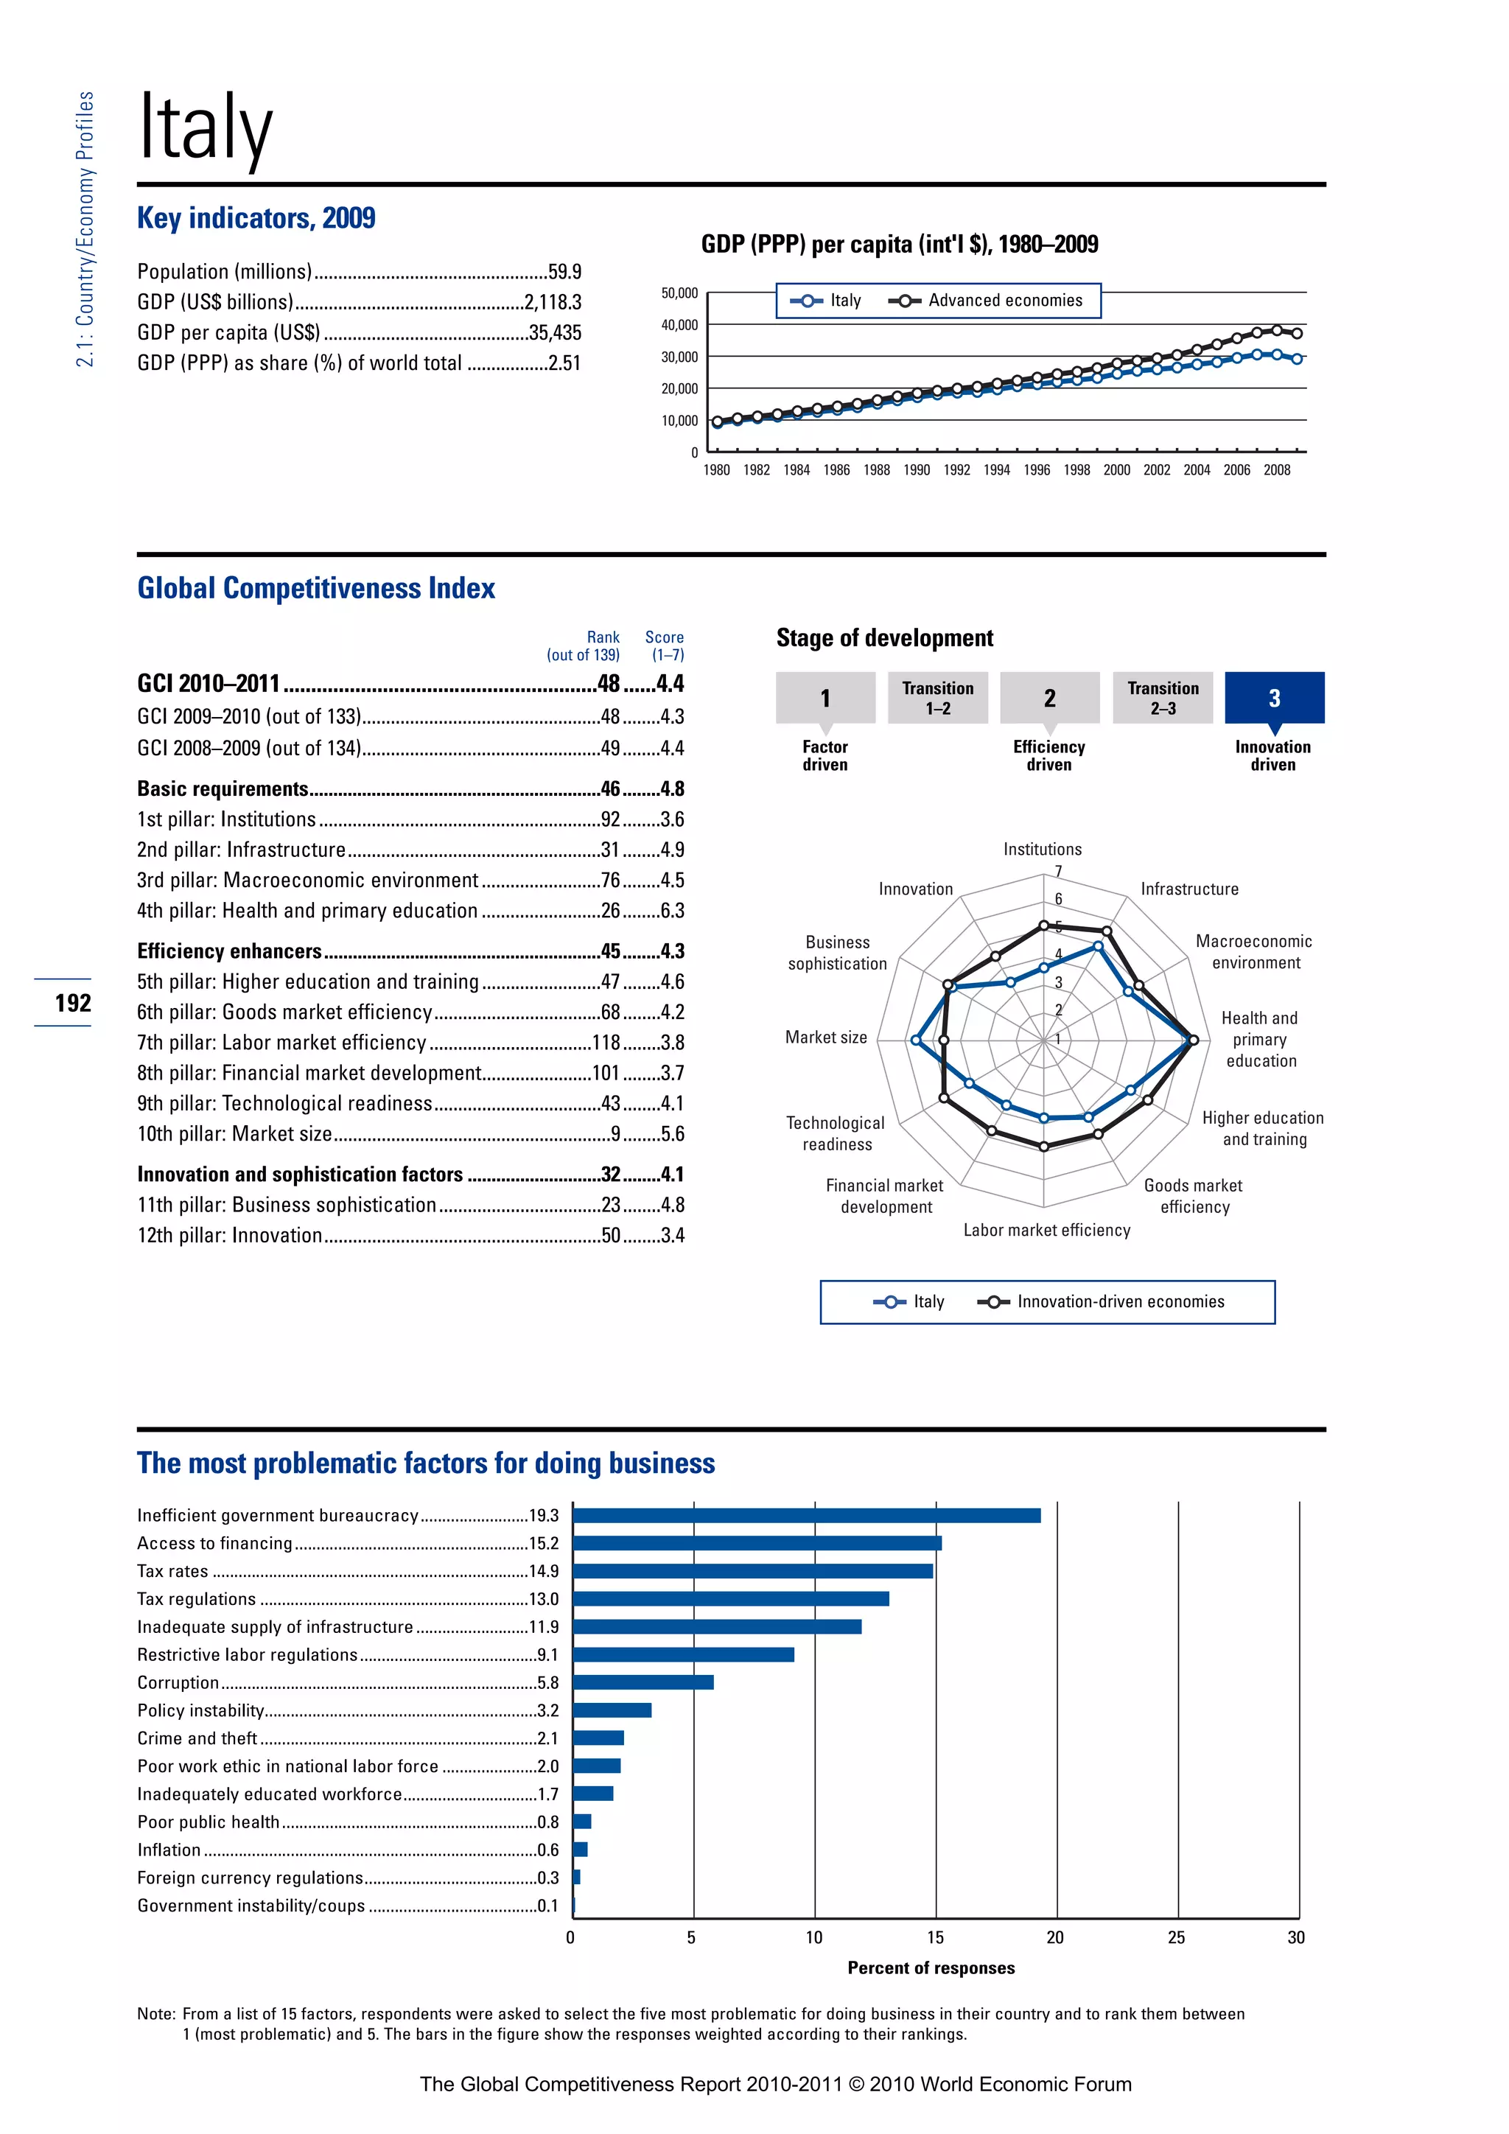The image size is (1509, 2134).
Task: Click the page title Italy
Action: (x=206, y=127)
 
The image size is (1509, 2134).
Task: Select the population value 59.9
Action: (x=564, y=271)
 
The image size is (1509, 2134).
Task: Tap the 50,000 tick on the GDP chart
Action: (x=679, y=293)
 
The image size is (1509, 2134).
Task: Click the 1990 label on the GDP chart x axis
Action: (x=916, y=470)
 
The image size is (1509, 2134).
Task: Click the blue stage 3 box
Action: (x=1274, y=698)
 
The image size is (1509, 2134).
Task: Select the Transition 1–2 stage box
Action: (x=937, y=698)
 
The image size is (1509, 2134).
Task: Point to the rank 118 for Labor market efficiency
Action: (x=606, y=1043)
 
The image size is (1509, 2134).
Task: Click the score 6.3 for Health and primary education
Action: (x=672, y=911)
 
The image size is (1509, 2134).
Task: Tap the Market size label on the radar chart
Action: (x=825, y=1038)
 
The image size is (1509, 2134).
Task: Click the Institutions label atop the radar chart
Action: (x=1042, y=850)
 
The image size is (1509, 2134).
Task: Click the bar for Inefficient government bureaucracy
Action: (x=807, y=1516)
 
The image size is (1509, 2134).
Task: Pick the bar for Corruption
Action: (x=643, y=1682)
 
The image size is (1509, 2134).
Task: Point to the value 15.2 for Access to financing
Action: (x=544, y=1544)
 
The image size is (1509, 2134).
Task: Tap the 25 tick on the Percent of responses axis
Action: (x=1177, y=1938)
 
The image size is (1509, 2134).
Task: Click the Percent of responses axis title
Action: (x=931, y=1967)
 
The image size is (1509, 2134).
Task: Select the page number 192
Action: (x=72, y=1003)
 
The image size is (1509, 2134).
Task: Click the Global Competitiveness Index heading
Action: (x=316, y=588)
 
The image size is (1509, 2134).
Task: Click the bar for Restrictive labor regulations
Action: (x=683, y=1654)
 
